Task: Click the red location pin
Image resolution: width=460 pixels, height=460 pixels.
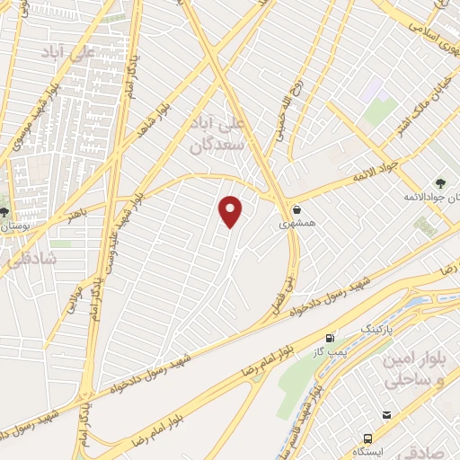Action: point(232,211)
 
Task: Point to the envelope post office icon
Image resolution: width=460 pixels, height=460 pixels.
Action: point(386,414)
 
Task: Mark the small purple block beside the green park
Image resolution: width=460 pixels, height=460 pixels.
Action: point(374,87)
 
